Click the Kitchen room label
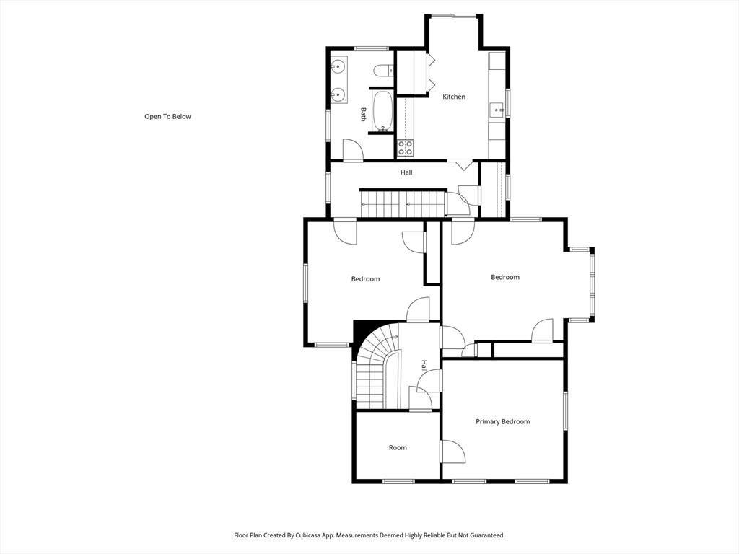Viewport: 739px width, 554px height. [x=454, y=97]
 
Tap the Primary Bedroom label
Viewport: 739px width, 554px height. [x=502, y=421]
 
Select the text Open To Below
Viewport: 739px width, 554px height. [x=167, y=116]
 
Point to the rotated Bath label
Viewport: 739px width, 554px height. [x=363, y=114]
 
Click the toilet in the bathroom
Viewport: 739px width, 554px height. [x=382, y=70]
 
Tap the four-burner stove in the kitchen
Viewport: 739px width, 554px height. [x=406, y=148]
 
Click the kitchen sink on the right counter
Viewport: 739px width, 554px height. [x=497, y=110]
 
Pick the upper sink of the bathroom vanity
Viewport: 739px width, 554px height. [x=337, y=68]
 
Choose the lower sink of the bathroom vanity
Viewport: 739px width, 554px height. [x=337, y=94]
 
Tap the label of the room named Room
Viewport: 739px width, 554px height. [x=398, y=447]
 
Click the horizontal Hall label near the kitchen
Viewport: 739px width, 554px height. [x=406, y=172]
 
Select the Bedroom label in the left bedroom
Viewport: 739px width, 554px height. [x=365, y=279]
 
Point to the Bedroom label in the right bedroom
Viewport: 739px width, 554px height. [x=504, y=277]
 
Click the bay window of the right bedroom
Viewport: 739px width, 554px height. [x=592, y=284]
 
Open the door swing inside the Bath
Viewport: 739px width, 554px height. [x=351, y=149]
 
